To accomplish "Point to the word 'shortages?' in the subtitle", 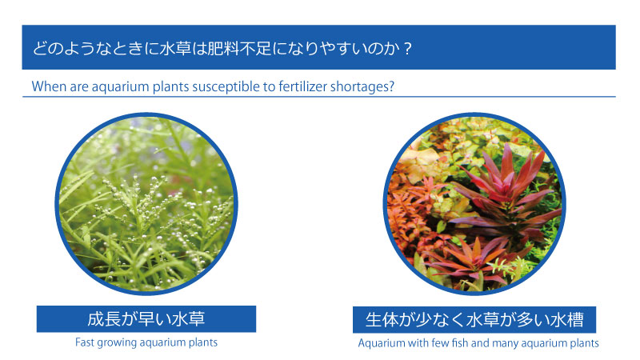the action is pyautogui.click(x=362, y=87).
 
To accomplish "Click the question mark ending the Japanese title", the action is pyautogui.click(x=407, y=49).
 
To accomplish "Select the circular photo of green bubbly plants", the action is pyautogui.click(x=146, y=204).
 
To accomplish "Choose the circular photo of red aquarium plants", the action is pyautogui.click(x=474, y=204).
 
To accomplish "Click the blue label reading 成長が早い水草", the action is pyautogui.click(x=146, y=318).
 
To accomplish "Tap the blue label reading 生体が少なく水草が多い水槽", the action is pyautogui.click(x=474, y=319).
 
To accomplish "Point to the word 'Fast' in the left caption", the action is pyautogui.click(x=84, y=342).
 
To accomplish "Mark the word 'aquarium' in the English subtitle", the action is pyautogui.click(x=121, y=87).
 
